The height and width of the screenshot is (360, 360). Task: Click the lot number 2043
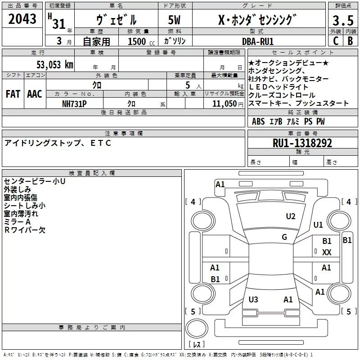pyautogui.click(x=22, y=20)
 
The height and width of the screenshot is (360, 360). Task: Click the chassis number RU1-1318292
pyautogui.click(x=302, y=144)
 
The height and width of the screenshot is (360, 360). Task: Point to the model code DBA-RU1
pyautogui.click(x=257, y=41)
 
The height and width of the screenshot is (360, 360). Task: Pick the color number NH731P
pyautogui.click(x=74, y=103)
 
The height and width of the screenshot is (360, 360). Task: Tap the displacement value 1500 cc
pyautogui.click(x=137, y=41)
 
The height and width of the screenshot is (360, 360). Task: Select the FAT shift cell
pyautogui.click(x=13, y=94)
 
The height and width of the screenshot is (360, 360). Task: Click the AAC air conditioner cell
pyautogui.click(x=35, y=94)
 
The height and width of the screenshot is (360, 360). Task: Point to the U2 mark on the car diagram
pyautogui.click(x=291, y=216)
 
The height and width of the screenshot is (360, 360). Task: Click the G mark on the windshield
pyautogui.click(x=284, y=237)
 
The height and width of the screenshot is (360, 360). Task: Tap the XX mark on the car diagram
pyautogui.click(x=327, y=252)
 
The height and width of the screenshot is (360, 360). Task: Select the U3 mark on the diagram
pyautogui.click(x=253, y=299)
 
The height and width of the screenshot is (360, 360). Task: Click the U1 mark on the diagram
pyautogui.click(x=318, y=225)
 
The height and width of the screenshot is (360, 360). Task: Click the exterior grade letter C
pyautogui.click(x=336, y=41)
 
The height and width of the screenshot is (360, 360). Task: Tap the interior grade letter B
pyautogui.click(x=350, y=41)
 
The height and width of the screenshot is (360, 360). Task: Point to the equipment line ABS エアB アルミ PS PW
pyautogui.click(x=288, y=121)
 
